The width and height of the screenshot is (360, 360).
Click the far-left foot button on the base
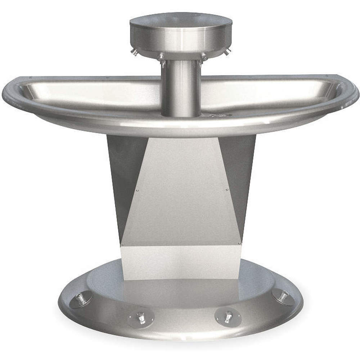[x=81, y=299]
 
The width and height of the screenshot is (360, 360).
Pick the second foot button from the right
[x=228, y=316]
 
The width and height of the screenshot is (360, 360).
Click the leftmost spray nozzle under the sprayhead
[x=135, y=53]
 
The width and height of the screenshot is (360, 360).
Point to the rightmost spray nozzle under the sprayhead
[x=226, y=53]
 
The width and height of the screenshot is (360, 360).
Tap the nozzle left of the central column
[x=162, y=58]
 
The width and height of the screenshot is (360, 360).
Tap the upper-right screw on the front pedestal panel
[x=226, y=189]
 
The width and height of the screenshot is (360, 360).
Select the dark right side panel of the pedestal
[x=240, y=173]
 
